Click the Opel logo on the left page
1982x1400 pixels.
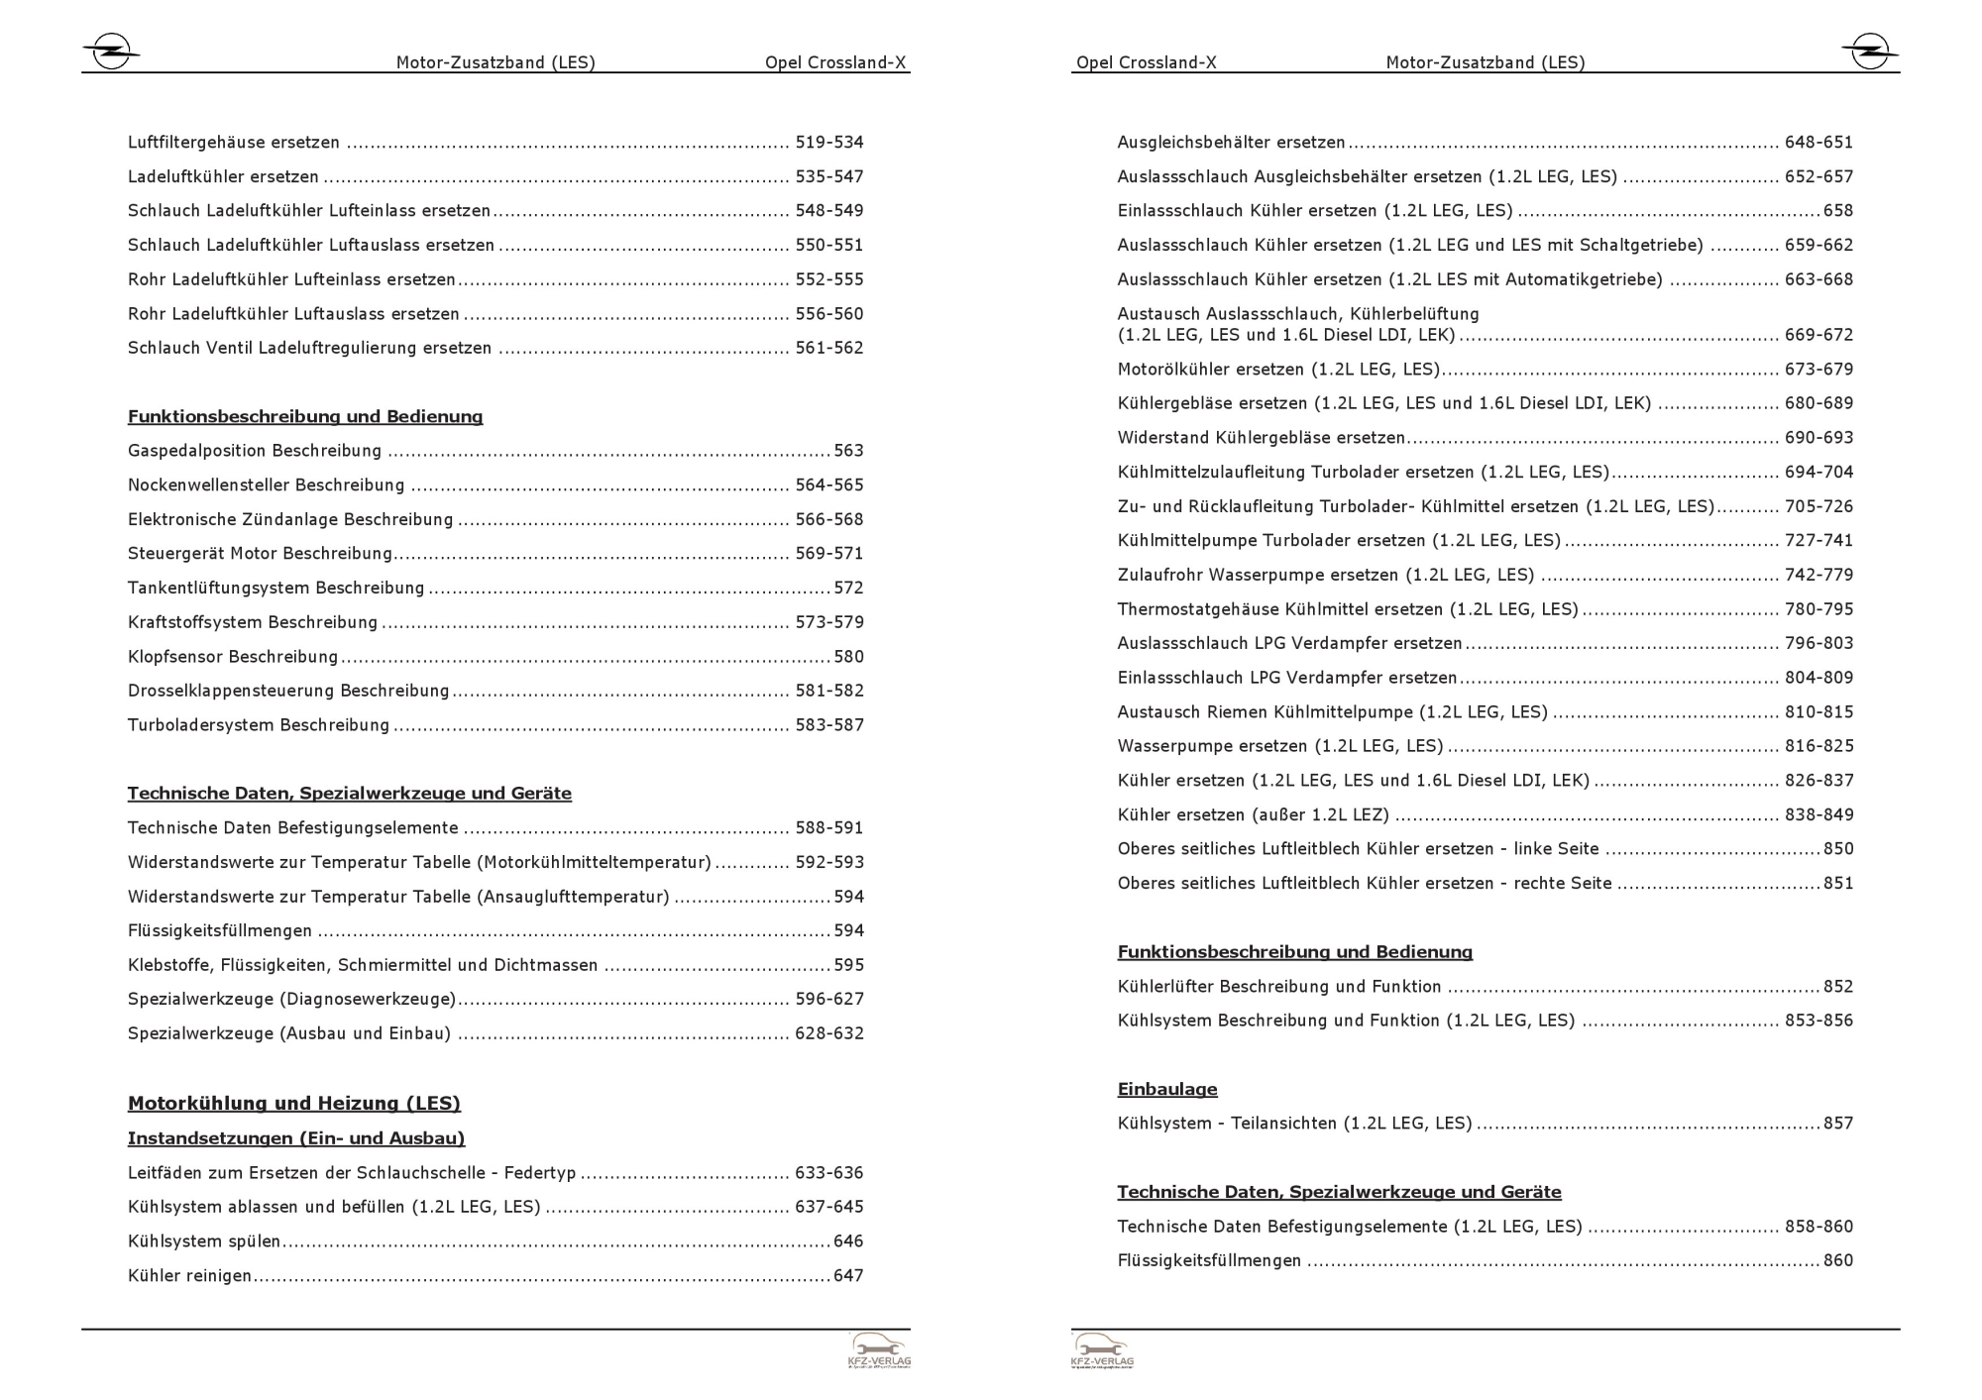[110, 52]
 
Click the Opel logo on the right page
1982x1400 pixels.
[1870, 52]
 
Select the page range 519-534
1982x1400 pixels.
[828, 143]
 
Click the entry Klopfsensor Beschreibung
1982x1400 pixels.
[233, 657]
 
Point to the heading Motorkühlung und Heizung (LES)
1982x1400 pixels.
[293, 1103]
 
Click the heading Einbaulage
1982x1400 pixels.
[1166, 1089]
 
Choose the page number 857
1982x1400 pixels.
[1837, 1124]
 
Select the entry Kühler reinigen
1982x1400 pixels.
[189, 1276]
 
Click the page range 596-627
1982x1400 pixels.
[828, 999]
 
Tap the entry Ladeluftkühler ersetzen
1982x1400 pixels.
[223, 176]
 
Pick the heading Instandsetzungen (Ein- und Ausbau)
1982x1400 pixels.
[295, 1138]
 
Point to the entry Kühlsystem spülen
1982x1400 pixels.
[204, 1241]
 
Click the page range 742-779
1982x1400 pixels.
[1817, 575]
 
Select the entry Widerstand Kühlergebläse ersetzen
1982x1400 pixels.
[1261, 438]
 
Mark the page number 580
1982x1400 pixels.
[848, 657]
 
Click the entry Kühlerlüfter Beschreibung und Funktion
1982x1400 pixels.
[1278, 987]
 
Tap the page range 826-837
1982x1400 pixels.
[1817, 781]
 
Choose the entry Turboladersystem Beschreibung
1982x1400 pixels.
[259, 725]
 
